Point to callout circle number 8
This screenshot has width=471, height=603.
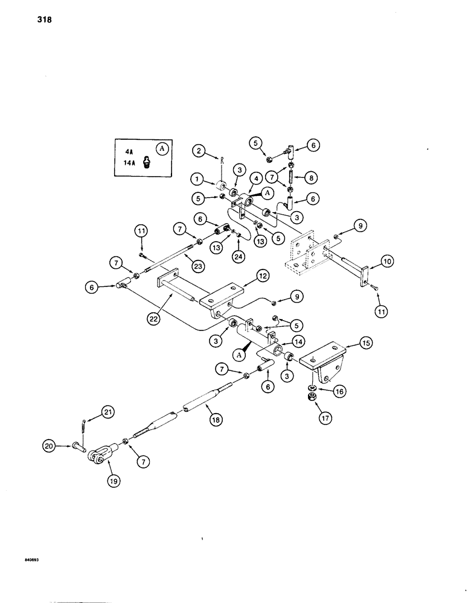tap(310, 178)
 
